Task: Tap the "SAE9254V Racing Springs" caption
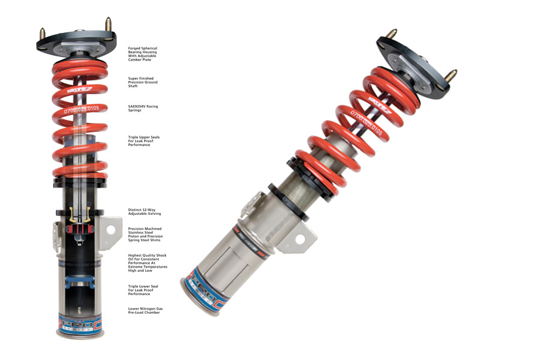(143, 108)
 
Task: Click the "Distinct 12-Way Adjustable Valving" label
(144, 211)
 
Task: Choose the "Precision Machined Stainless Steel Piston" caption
(145, 232)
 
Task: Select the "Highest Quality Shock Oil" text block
(148, 263)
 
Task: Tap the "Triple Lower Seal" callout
(143, 290)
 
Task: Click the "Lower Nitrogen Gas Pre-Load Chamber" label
(145, 311)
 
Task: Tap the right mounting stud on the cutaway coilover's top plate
(109, 25)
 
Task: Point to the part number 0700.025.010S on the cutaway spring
(85, 109)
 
